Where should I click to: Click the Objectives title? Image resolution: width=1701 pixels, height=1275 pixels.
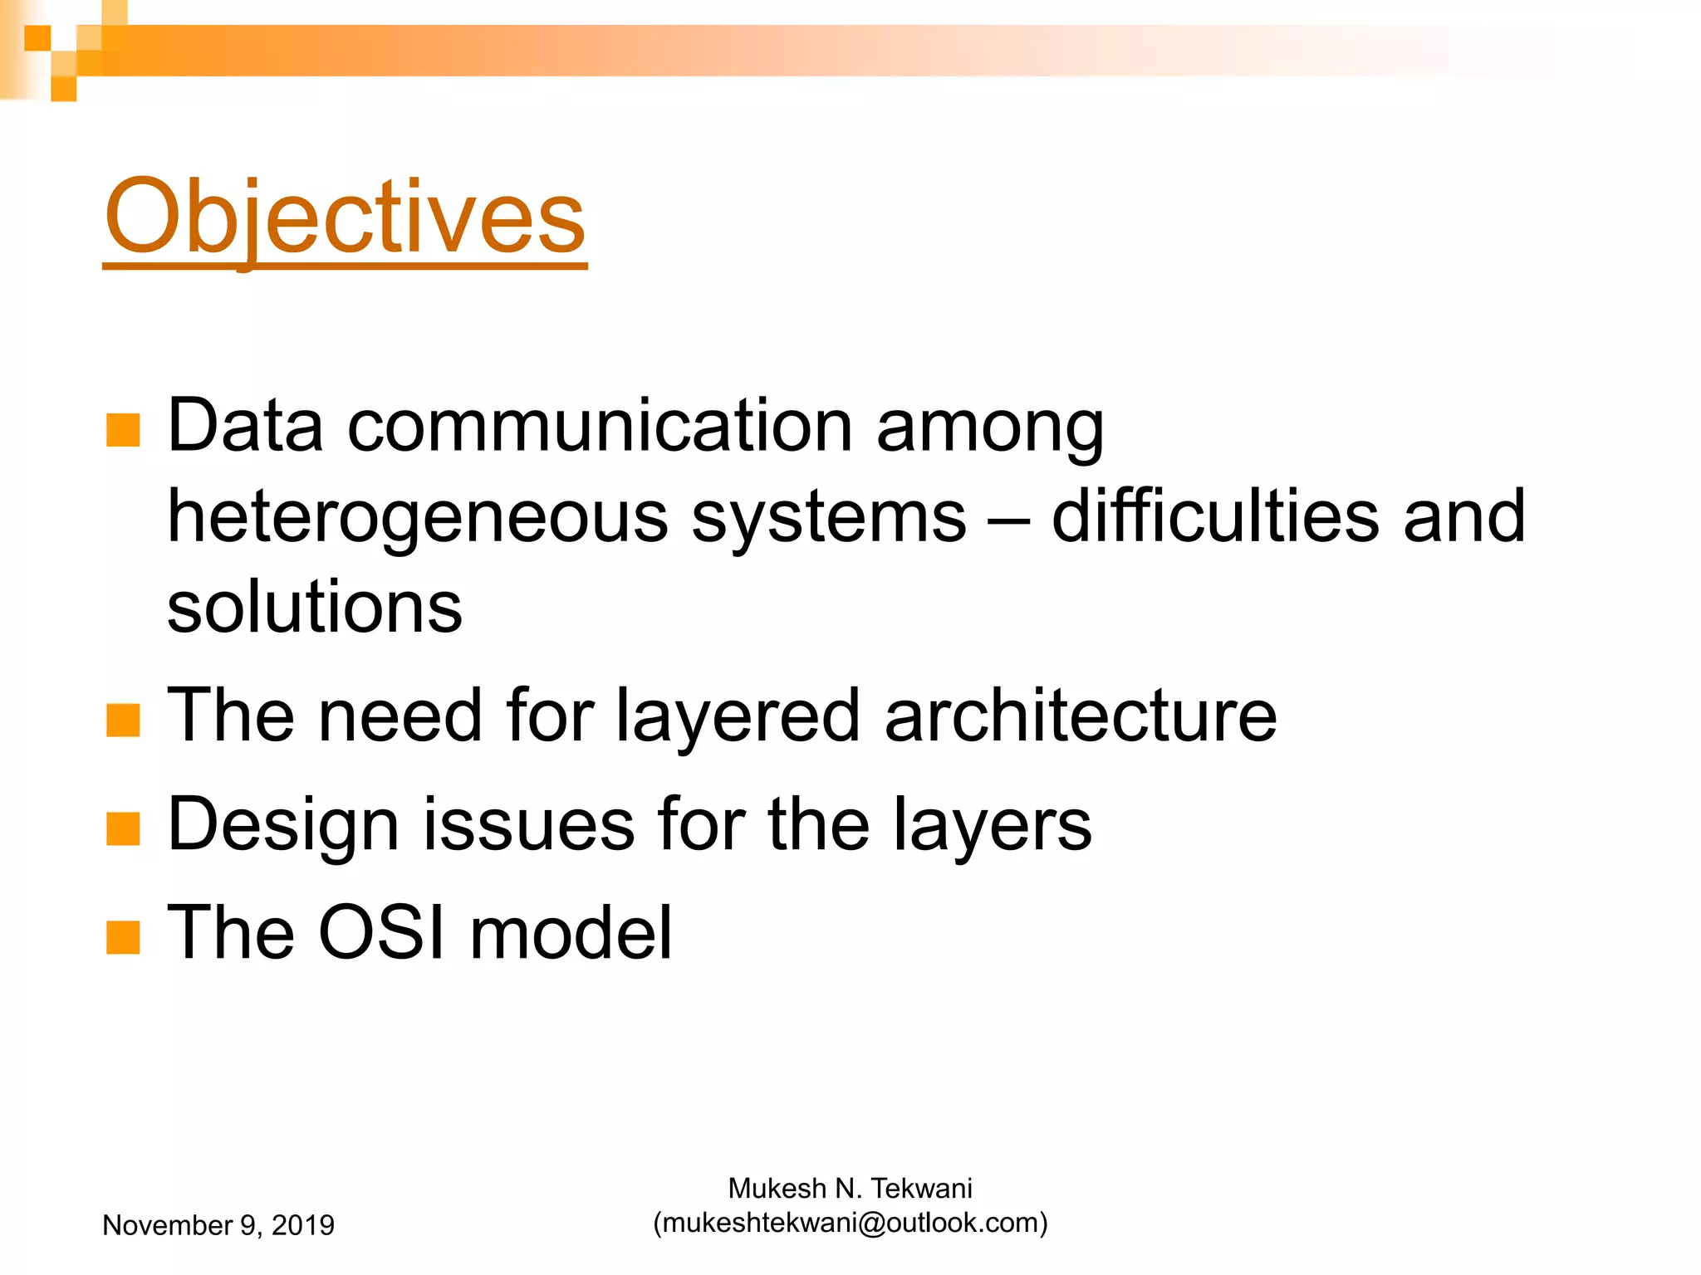345,217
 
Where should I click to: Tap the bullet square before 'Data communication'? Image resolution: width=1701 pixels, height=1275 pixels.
123,430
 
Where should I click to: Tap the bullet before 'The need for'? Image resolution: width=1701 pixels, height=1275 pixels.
123,720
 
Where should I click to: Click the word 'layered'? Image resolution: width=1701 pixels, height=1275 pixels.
738,717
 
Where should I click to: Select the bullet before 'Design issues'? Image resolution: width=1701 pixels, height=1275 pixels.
123,828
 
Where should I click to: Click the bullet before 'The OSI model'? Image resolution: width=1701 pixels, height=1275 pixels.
123,937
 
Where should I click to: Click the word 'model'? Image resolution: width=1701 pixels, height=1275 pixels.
571,933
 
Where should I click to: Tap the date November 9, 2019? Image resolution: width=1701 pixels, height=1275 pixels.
218,1225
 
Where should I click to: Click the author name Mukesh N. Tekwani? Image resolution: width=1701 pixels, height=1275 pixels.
850,1189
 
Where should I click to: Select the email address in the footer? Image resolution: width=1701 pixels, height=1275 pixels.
850,1224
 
